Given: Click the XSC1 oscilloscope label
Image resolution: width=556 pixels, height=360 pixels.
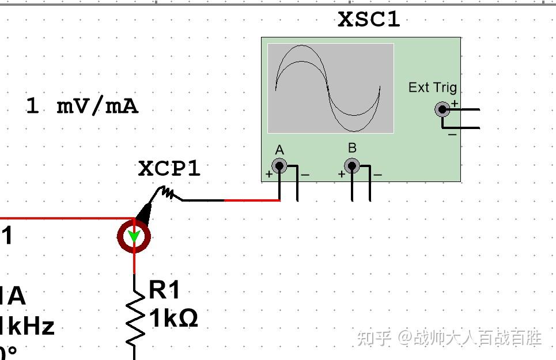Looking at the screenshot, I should pos(369,20).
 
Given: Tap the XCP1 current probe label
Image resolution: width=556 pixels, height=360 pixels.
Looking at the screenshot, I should pos(169,169).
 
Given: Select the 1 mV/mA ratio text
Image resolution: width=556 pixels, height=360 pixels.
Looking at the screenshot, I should pos(82,106).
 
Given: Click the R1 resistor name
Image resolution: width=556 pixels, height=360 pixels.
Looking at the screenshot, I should pos(164,291).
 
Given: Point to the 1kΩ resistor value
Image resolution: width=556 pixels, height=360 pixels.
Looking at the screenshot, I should pos(173,318).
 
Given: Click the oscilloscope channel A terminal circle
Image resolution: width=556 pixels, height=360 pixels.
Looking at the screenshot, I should pos(279,166).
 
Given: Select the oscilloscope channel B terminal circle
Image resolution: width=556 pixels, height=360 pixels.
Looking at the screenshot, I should pos(351,166).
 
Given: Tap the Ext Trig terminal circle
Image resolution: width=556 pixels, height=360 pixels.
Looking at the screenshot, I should pos(442,109).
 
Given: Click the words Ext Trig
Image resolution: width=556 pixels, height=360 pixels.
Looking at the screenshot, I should pos(432,88).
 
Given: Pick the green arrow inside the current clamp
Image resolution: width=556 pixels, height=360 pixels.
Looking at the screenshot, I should pos(134,237).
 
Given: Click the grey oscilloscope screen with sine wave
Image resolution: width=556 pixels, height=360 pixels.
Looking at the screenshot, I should pos(330,88).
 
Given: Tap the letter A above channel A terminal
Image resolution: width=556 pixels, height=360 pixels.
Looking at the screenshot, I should pos(279,150).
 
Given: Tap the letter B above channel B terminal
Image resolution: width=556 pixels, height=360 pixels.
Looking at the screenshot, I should pos(352,149).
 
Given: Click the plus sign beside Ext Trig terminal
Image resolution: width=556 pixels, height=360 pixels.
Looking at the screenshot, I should pos(455,104).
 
